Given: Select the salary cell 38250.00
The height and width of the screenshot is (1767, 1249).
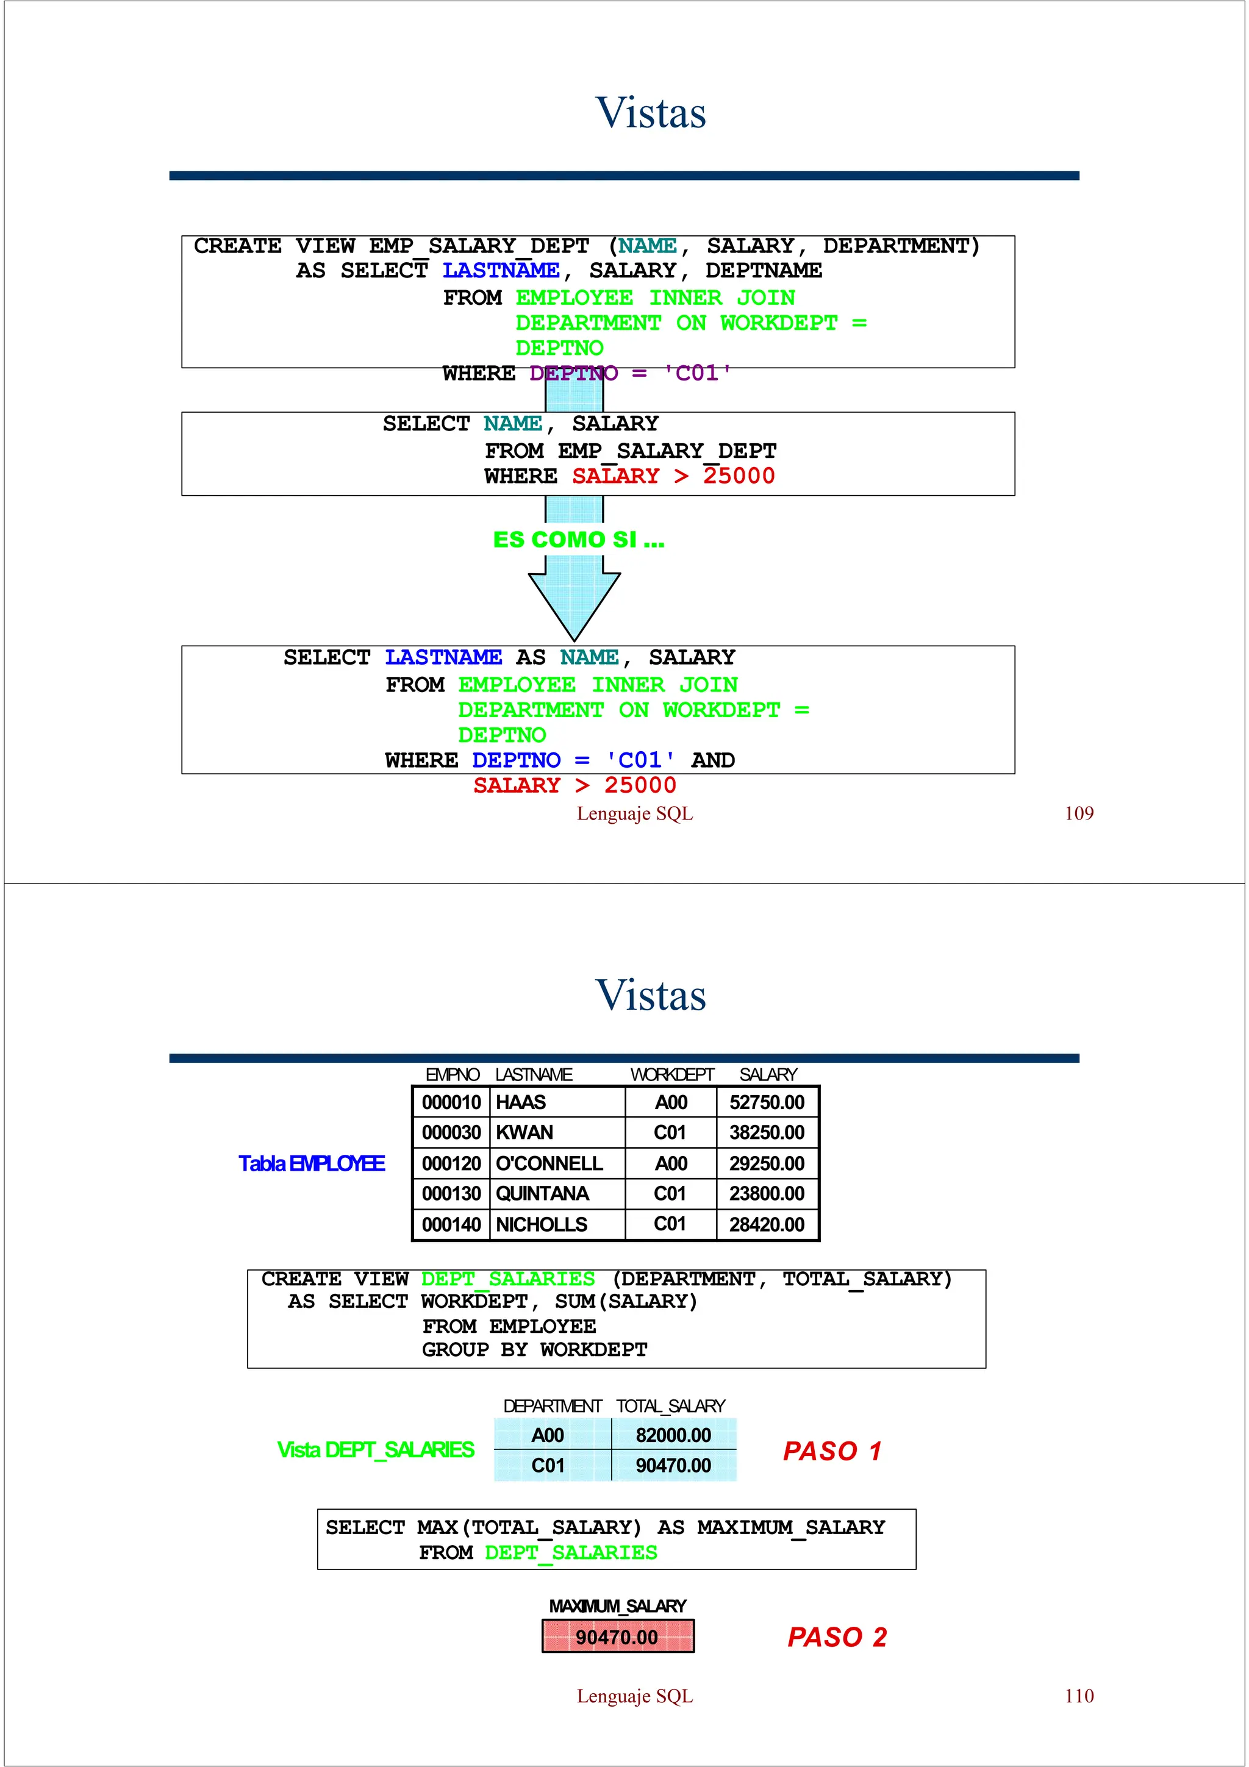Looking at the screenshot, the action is pos(767,1133).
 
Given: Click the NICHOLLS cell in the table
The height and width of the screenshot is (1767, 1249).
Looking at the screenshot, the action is pos(541,1224).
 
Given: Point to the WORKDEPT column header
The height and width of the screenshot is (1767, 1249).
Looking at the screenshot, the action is pos(672,1074).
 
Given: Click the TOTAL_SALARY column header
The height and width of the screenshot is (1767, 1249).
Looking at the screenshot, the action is pos(670,1406).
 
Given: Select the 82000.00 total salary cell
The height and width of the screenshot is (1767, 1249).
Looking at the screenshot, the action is pos(673,1435).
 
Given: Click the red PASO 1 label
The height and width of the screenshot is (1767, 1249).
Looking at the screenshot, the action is pos(832,1451).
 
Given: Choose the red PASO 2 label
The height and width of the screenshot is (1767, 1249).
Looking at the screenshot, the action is pos(837,1637).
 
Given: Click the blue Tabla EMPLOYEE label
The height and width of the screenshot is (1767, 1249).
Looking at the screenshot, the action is pos(312,1163).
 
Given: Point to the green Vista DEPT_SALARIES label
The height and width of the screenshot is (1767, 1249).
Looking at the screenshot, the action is pos(376,1450).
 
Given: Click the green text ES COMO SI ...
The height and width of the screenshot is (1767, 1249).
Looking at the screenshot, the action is pos(579,540).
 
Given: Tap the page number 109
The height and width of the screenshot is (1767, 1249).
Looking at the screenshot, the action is pos(1079,813).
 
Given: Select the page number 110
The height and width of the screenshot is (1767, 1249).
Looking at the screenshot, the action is pos(1079,1696).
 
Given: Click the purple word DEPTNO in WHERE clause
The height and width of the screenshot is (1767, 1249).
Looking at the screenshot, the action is pos(573,373).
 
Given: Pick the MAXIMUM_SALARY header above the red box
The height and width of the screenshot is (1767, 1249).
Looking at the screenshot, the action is pos(618,1606).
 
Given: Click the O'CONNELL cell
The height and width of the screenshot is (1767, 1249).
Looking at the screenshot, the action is pos(549,1163).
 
